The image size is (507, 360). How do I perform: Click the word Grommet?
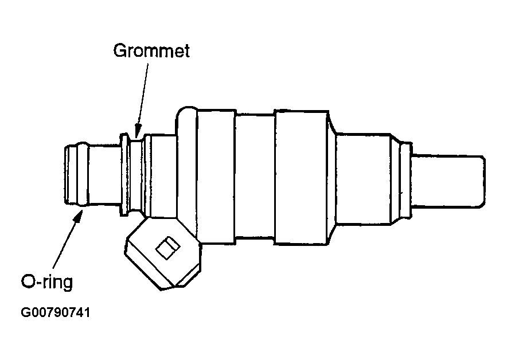click(151, 50)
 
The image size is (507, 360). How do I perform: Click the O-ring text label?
click(48, 282)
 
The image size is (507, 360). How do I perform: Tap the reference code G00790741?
click(56, 314)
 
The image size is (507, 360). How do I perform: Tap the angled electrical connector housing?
click(163, 255)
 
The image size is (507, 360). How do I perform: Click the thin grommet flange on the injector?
click(123, 175)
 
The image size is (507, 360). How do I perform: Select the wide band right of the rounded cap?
click(216, 175)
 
